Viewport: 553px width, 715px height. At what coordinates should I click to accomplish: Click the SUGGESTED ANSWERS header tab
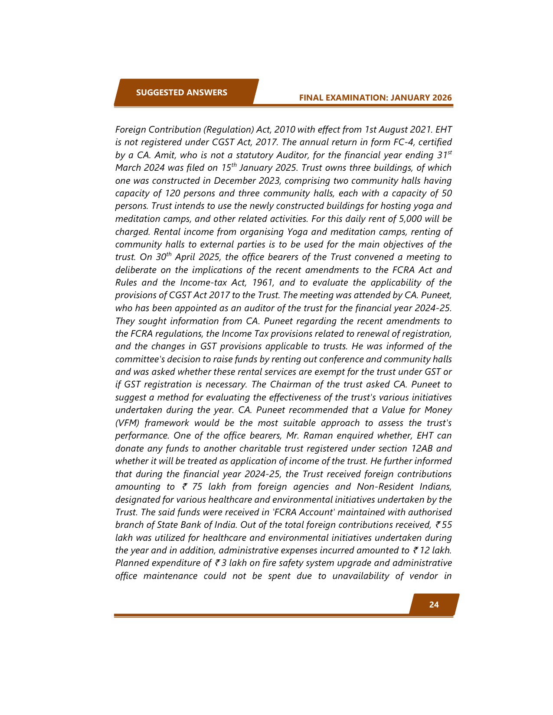coord(181,92)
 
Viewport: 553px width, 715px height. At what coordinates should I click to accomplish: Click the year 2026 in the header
coord(442,97)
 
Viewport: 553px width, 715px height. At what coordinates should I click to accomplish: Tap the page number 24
coord(434,604)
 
